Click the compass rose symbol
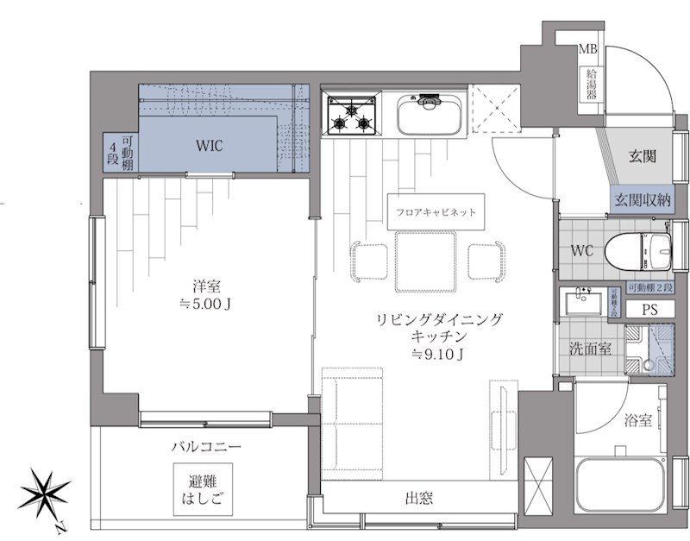pyautogui.click(x=45, y=495)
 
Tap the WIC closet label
pyautogui.click(x=208, y=146)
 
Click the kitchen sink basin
pyautogui.click(x=428, y=114)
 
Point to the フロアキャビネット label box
pyautogui.click(x=435, y=211)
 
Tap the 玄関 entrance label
pyautogui.click(x=642, y=156)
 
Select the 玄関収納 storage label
pyautogui.click(x=643, y=200)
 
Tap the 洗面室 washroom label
pyautogui.click(x=591, y=349)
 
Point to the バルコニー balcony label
pyautogui.click(x=204, y=447)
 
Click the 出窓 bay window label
pyautogui.click(x=419, y=498)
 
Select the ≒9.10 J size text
pyautogui.click(x=439, y=354)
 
